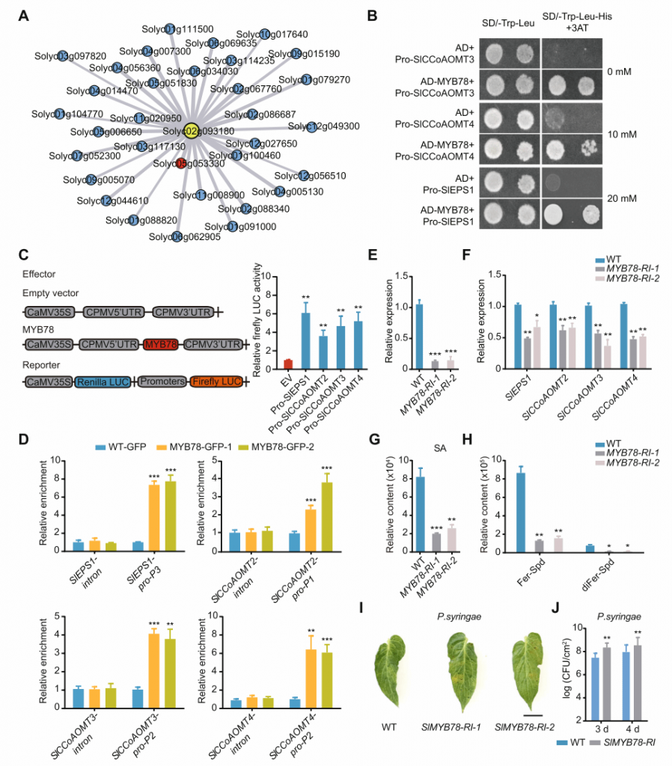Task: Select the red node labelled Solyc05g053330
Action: point(180,163)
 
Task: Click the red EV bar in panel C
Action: point(288,364)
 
